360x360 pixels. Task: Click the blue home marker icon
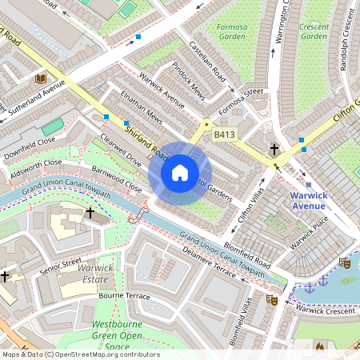[180, 172]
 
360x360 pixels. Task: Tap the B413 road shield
[224, 137]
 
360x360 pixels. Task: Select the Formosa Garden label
[233, 31]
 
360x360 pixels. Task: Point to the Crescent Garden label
[313, 31]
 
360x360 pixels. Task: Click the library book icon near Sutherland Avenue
[41, 78]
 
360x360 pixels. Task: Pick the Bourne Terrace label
[124, 296]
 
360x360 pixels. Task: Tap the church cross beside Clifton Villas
[274, 150]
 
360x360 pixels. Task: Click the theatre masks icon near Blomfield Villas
[271, 299]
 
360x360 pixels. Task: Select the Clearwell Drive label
[122, 149]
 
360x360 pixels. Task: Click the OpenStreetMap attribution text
[80, 354]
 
